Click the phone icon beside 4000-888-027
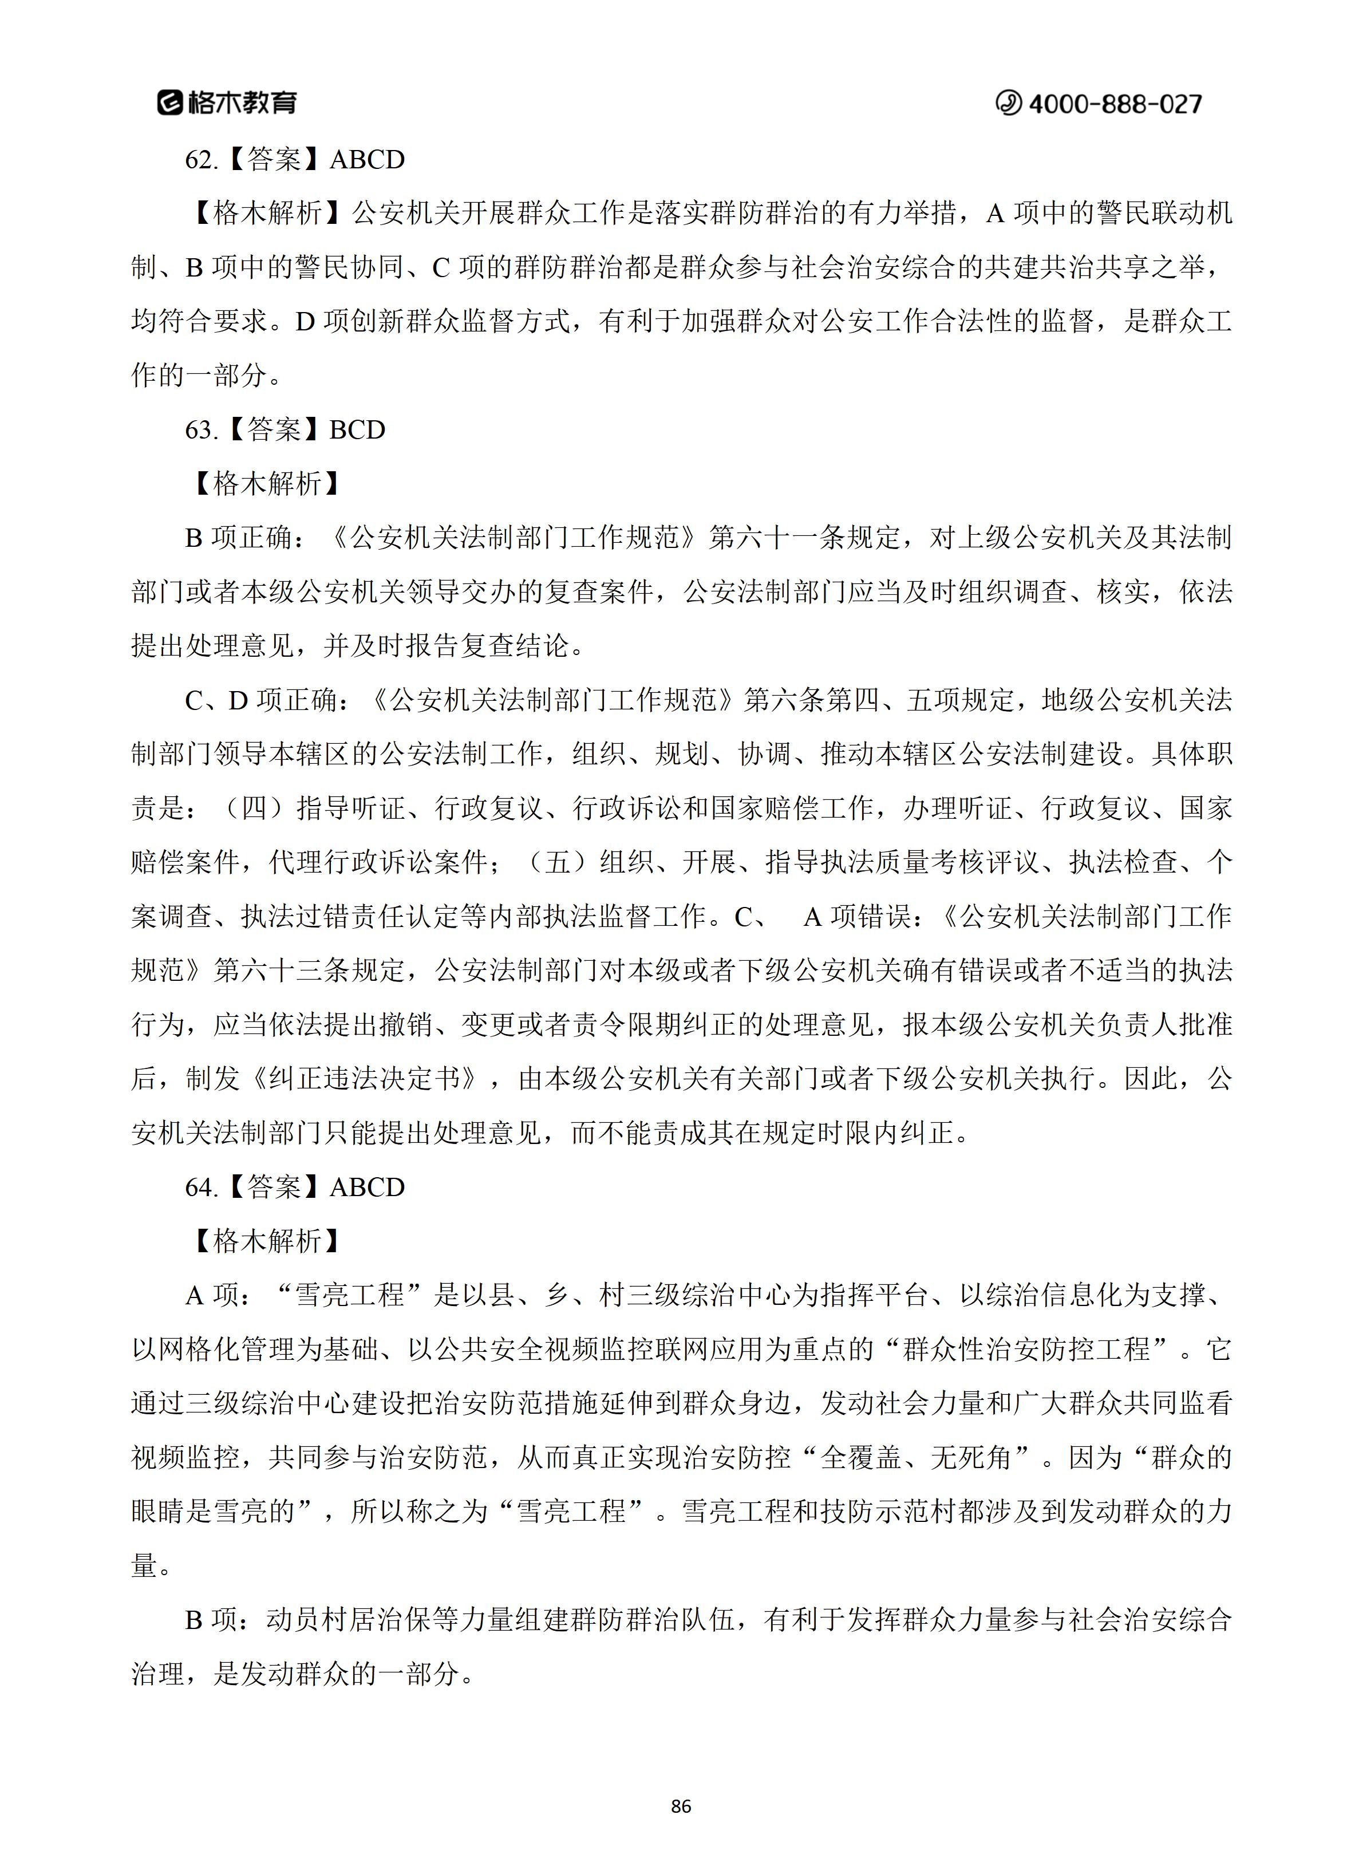(x=1008, y=103)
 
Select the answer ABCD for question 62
(x=367, y=159)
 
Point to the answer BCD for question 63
(x=357, y=430)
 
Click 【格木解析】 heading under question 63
(x=266, y=483)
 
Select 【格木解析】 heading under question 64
(x=266, y=1241)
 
